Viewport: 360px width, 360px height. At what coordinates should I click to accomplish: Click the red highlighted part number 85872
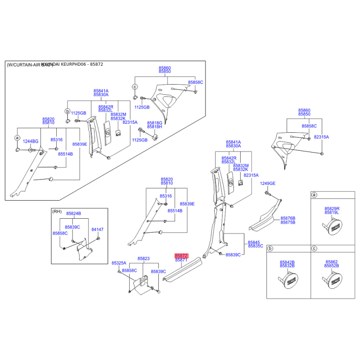pos(181,255)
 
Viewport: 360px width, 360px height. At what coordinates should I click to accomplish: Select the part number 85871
pos(181,260)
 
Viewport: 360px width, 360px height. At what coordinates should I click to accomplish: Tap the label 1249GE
pos(267,184)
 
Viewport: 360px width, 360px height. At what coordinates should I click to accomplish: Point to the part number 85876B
pos(288,218)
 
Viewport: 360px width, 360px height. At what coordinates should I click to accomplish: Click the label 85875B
pos(288,222)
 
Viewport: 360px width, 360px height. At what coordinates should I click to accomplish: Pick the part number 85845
pos(254,242)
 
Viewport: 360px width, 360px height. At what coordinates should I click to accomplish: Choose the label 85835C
pos(255,246)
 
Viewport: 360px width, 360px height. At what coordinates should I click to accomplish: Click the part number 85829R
pos(332,209)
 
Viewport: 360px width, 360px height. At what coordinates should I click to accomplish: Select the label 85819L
pos(332,213)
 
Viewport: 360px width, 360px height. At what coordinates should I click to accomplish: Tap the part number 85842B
pos(287,262)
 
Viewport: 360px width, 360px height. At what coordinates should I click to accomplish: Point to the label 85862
pos(332,262)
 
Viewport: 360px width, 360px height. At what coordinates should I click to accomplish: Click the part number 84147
pos(97,229)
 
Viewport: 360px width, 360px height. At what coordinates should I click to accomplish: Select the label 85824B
pos(73,213)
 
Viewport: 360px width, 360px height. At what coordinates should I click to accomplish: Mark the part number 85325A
pos(119,263)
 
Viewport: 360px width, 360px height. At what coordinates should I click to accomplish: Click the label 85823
pos(144,259)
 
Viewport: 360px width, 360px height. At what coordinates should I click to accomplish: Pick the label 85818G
pos(155,123)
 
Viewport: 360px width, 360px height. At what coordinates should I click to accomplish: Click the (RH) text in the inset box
pos(57,211)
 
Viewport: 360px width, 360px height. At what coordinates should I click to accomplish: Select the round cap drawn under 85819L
pos(333,226)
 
